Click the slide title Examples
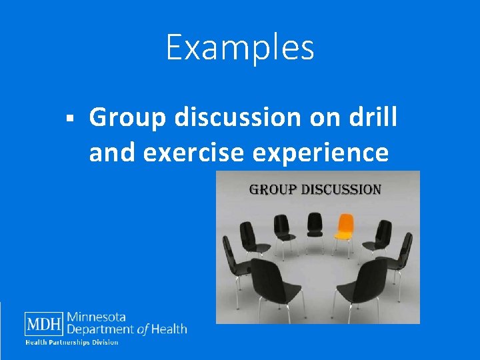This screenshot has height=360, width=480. pyautogui.click(x=240, y=48)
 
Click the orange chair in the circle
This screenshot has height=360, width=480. pyautogui.click(x=344, y=231)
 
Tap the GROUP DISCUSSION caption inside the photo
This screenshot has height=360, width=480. pyautogui.click(x=315, y=189)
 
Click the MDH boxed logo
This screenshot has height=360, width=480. pyautogui.click(x=45, y=324)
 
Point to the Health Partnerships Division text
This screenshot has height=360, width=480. pyautogui.click(x=72, y=343)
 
